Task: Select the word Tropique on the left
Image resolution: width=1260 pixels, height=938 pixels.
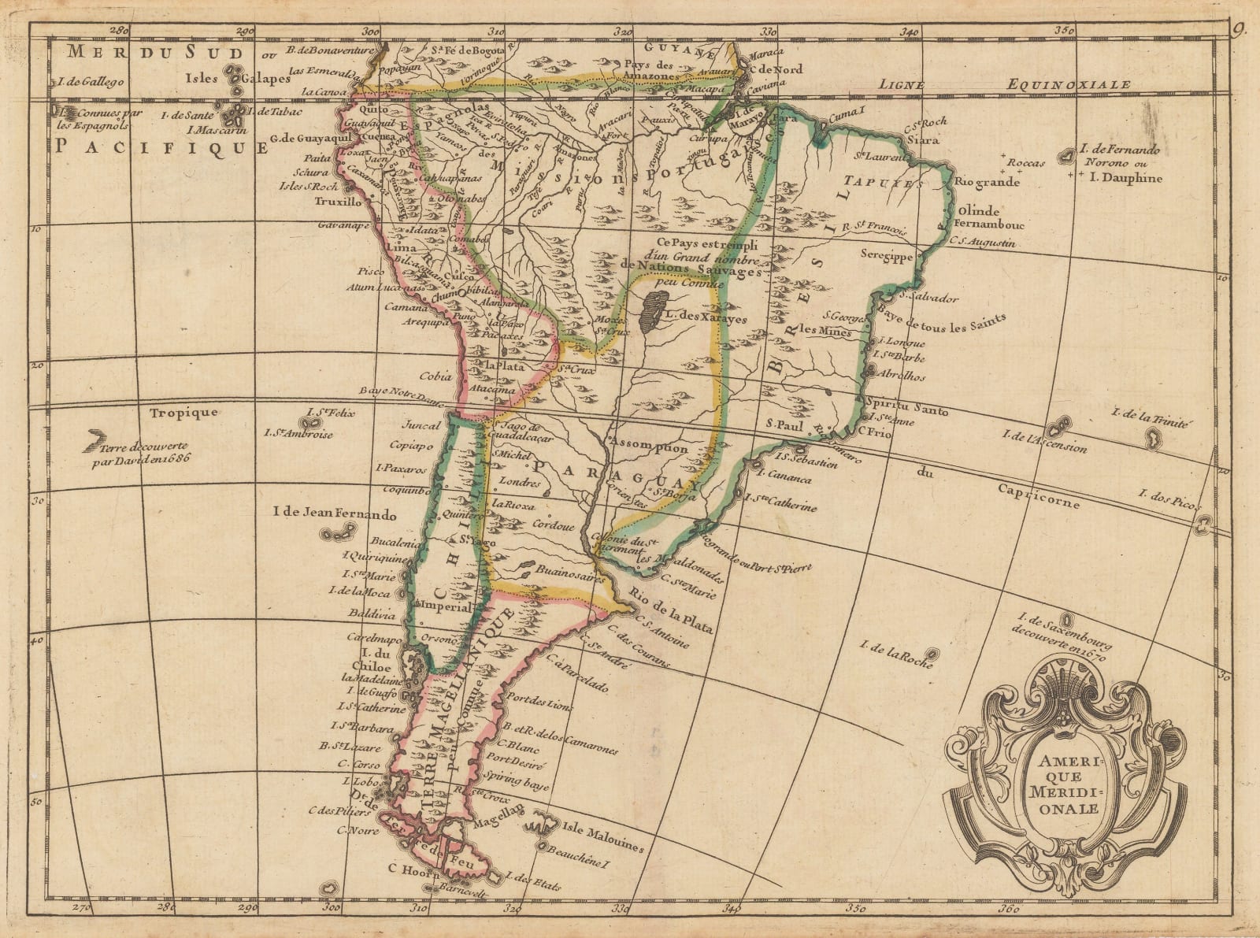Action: (x=187, y=412)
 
